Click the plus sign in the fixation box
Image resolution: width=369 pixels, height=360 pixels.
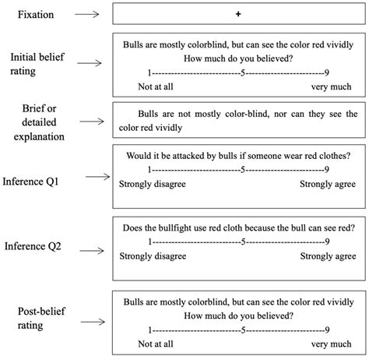tap(237, 15)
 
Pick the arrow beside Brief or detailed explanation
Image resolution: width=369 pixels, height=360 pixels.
tap(92, 122)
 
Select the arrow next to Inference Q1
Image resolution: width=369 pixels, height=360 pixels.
tap(97, 178)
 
